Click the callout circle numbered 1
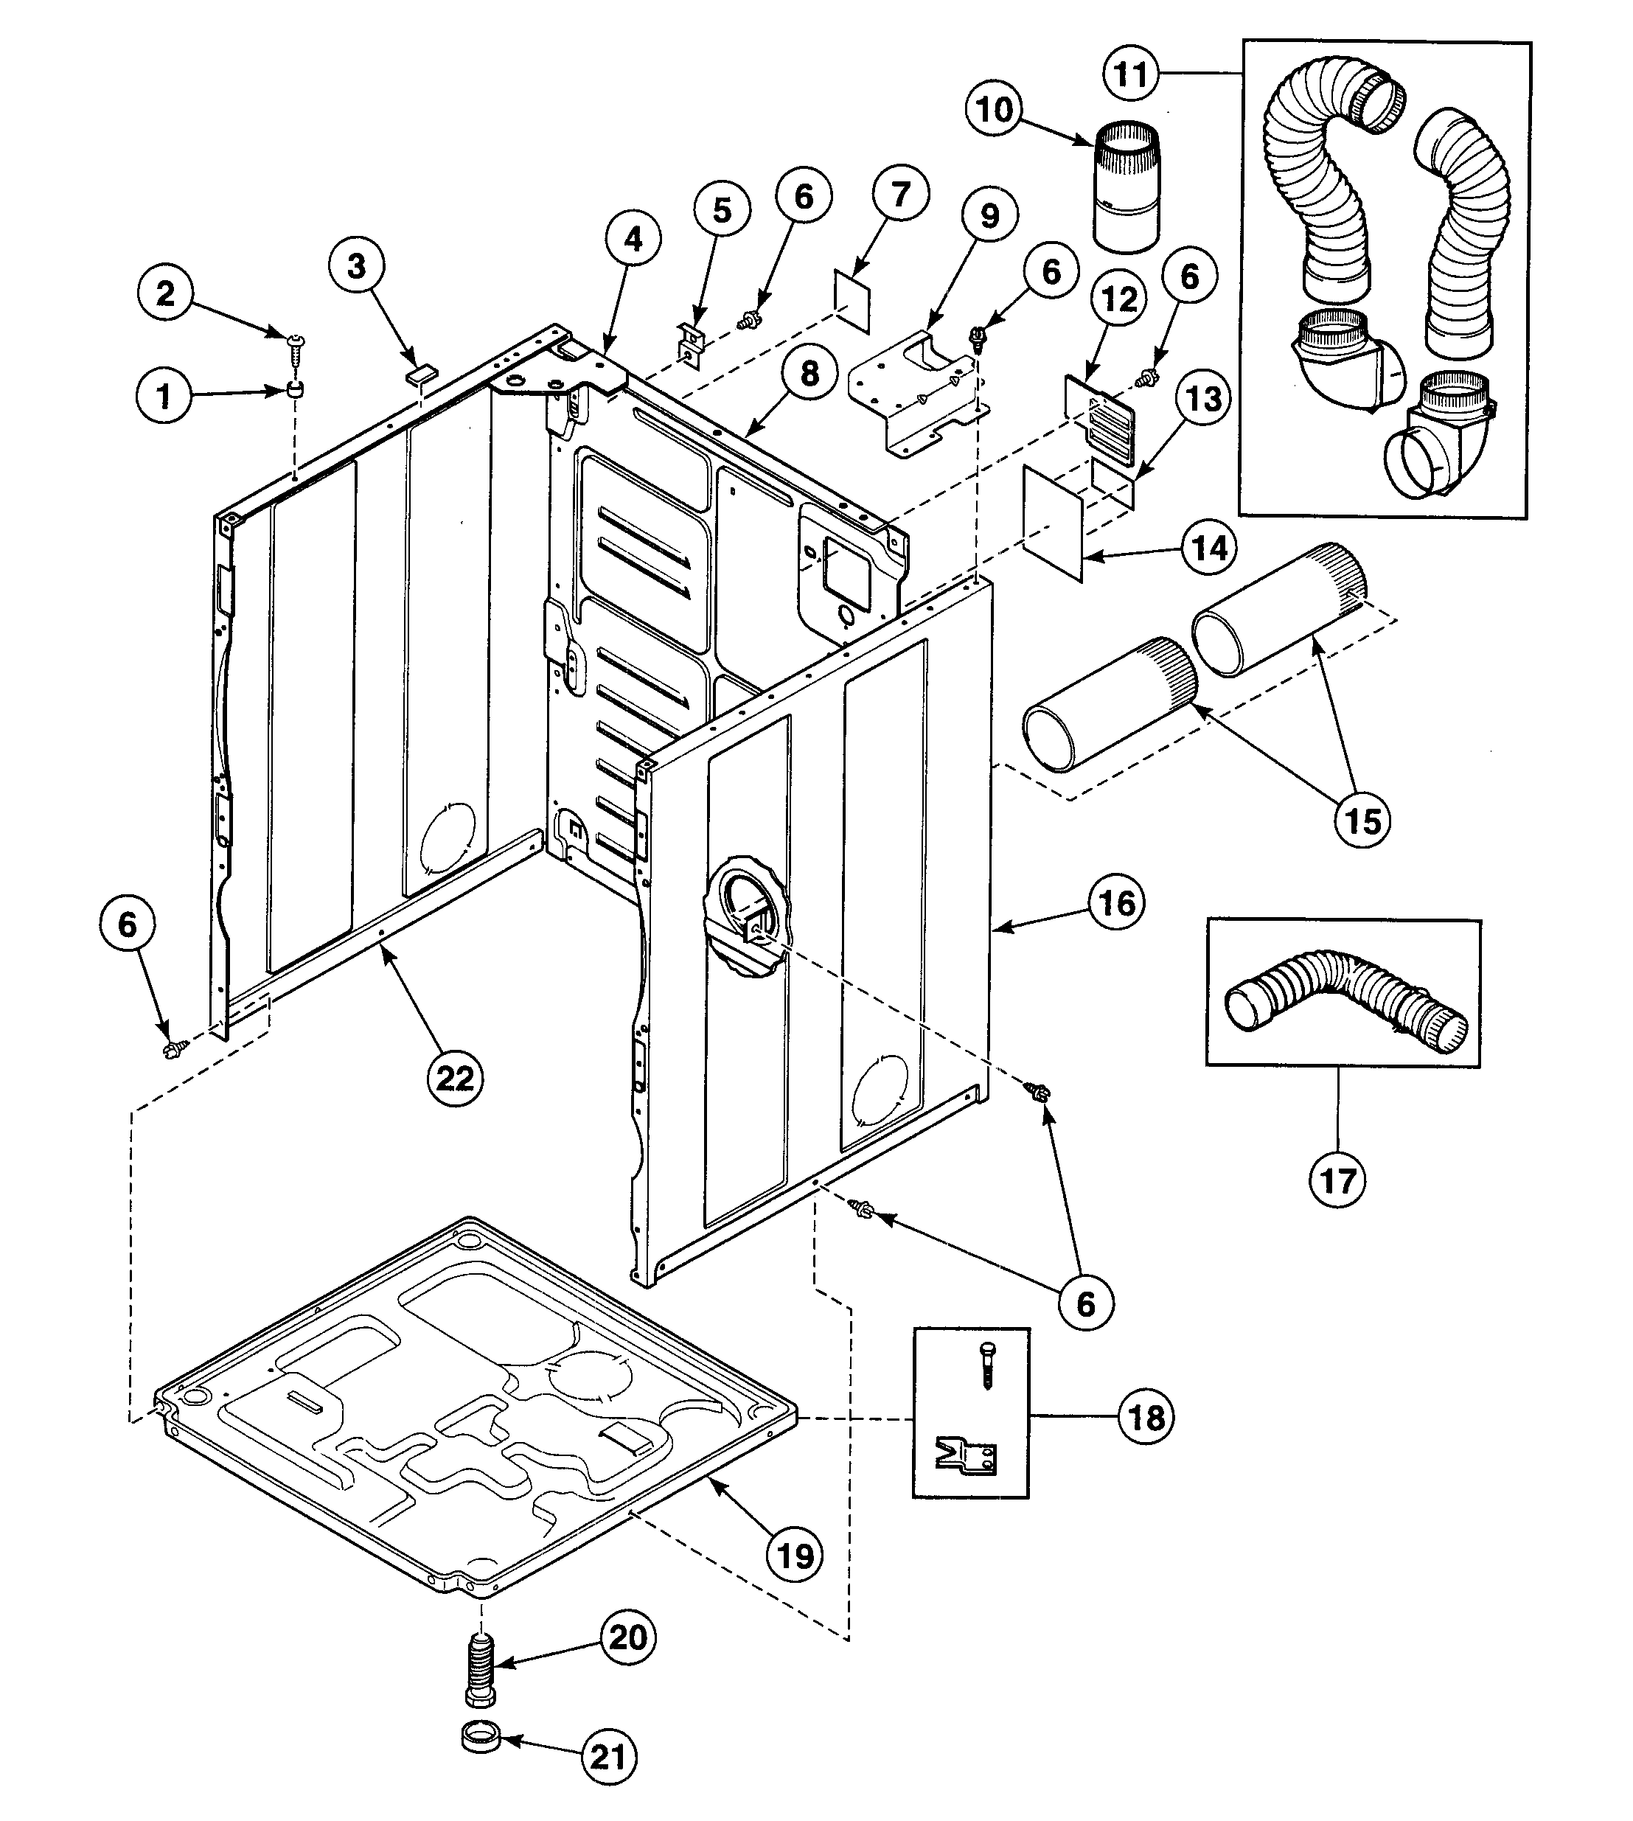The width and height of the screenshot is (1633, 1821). [164, 396]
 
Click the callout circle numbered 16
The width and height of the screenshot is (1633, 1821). [1117, 903]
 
